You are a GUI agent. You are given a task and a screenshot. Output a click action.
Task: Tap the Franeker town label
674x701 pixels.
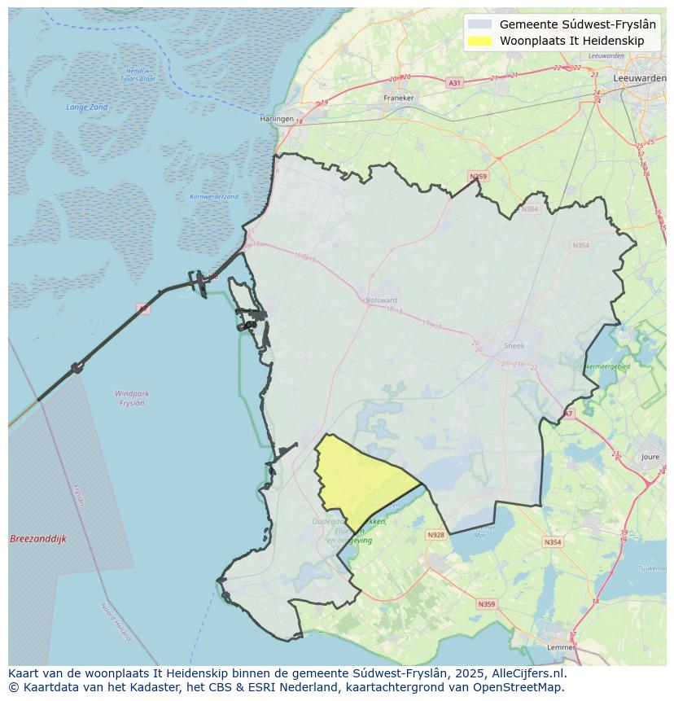[399, 98]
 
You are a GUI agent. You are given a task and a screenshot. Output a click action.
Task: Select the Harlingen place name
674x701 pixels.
[276, 119]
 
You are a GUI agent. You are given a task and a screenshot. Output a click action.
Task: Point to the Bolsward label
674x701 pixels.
[382, 300]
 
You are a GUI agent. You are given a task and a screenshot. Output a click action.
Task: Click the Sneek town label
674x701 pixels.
[514, 345]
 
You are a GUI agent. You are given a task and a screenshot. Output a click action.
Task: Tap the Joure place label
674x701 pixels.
[651, 458]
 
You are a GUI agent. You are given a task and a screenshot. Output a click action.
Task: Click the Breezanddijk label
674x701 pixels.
[38, 539]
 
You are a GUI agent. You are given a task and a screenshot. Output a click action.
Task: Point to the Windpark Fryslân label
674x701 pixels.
[132, 398]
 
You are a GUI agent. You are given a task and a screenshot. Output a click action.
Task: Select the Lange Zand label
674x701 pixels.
[87, 107]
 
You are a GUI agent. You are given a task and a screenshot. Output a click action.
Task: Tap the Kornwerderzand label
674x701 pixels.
[214, 197]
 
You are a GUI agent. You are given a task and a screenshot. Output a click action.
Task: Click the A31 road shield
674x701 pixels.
[454, 83]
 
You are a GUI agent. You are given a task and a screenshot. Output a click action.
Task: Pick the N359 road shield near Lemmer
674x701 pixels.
[486, 604]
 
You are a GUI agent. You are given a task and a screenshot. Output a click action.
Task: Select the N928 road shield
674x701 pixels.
[435, 535]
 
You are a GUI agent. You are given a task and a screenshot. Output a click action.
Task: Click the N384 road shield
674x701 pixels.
[531, 209]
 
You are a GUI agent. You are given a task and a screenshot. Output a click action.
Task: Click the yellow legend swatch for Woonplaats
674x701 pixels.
[480, 41]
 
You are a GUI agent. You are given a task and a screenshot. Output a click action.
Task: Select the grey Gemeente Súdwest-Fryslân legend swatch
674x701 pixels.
[480, 24]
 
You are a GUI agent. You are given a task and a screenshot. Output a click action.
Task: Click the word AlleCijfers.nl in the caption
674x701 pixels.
[529, 673]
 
